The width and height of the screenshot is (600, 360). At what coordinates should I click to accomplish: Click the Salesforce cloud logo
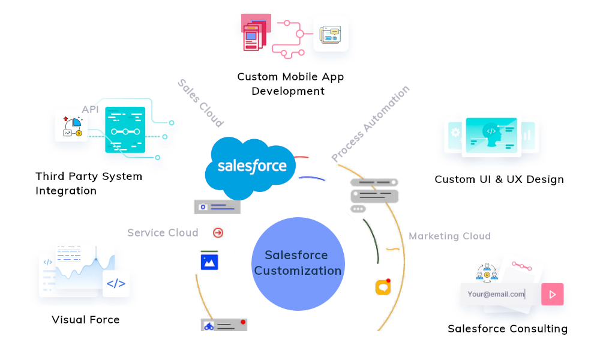click(x=251, y=167)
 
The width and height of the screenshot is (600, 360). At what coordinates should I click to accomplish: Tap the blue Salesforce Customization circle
click(x=298, y=263)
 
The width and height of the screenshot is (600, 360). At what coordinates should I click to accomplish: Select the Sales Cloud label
click(x=200, y=103)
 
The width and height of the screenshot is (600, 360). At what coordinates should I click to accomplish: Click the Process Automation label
click(x=370, y=124)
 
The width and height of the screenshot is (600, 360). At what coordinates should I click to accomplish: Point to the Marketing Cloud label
click(x=449, y=236)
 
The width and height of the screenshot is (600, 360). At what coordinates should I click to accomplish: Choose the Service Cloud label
click(x=163, y=233)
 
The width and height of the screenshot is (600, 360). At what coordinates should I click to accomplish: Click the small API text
click(x=90, y=109)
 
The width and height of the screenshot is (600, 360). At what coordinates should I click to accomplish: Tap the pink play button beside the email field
click(x=552, y=294)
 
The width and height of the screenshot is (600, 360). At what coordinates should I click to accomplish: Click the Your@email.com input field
click(x=497, y=294)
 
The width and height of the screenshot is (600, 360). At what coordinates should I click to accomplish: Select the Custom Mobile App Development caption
click(x=290, y=84)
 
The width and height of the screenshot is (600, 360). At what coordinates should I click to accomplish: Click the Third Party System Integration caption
click(x=88, y=184)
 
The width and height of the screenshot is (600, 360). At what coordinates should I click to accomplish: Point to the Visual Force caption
click(x=86, y=320)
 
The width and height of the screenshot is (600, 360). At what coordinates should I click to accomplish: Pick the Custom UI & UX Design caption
click(x=499, y=179)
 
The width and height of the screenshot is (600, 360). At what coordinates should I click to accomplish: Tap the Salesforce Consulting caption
click(x=508, y=329)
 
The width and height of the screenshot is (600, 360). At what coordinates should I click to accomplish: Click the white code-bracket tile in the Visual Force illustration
click(x=116, y=284)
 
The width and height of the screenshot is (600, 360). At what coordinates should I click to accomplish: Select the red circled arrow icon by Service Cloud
click(x=218, y=233)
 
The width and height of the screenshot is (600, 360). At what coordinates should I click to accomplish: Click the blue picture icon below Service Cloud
click(x=209, y=262)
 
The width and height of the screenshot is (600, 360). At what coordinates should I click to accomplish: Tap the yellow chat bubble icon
click(x=383, y=287)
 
